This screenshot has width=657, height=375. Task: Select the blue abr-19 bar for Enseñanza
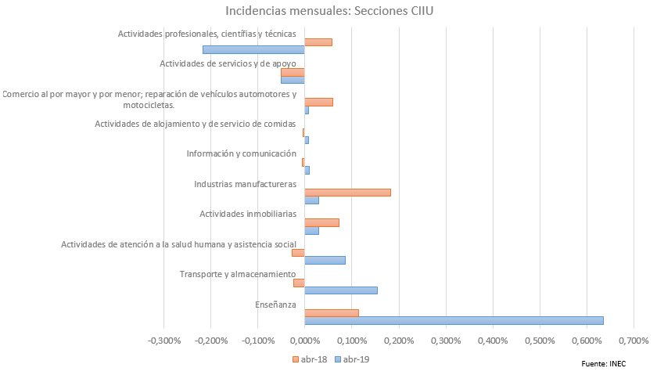(454, 320)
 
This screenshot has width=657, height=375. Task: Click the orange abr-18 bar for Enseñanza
(331, 312)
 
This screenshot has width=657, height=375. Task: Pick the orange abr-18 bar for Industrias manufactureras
(347, 193)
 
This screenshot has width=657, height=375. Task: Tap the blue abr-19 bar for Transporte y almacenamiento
(340, 290)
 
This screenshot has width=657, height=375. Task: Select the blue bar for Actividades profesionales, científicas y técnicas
(253, 49)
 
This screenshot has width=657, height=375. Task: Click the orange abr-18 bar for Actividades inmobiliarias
(321, 222)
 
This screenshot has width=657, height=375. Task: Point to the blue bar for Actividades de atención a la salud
(325, 260)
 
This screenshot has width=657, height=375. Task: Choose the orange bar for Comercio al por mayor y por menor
(318, 102)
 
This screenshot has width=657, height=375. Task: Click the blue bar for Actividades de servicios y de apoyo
(293, 80)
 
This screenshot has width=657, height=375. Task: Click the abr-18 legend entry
(310, 359)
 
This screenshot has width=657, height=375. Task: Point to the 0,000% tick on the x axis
(303, 341)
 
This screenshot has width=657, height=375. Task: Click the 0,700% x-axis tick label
(634, 341)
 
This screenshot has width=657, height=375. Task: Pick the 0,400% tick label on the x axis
(492, 341)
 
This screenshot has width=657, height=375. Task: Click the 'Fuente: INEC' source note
(603, 364)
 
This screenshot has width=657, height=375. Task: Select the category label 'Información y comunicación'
(241, 153)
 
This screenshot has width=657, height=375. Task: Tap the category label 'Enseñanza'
(275, 304)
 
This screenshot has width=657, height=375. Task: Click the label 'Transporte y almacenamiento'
(237, 274)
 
